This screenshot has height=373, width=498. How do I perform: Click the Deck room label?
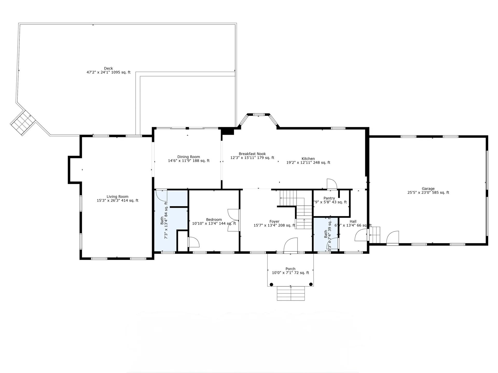click(108, 69)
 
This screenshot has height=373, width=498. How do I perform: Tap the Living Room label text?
click(117, 197)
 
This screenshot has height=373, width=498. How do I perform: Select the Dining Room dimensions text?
click(189, 161)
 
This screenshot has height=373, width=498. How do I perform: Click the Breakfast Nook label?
click(252, 154)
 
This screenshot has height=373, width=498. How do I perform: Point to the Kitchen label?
click(308, 159)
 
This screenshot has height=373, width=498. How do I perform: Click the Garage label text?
click(428, 189)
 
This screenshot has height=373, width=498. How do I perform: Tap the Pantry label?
click(329, 198)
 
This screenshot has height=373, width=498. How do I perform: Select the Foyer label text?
click(274, 221)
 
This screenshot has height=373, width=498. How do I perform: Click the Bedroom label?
click(214, 220)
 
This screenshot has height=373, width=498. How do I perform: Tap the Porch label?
click(290, 269)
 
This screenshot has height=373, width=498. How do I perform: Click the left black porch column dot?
click(271, 284)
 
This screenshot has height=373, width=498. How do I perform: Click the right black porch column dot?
click(311, 284)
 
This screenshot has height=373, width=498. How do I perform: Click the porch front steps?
click(291, 293)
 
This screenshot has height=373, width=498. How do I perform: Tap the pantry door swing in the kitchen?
click(331, 184)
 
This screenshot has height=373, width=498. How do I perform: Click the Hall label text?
click(353, 221)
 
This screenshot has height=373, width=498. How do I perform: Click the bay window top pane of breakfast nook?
click(259, 114)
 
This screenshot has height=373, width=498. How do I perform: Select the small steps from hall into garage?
click(375, 235)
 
